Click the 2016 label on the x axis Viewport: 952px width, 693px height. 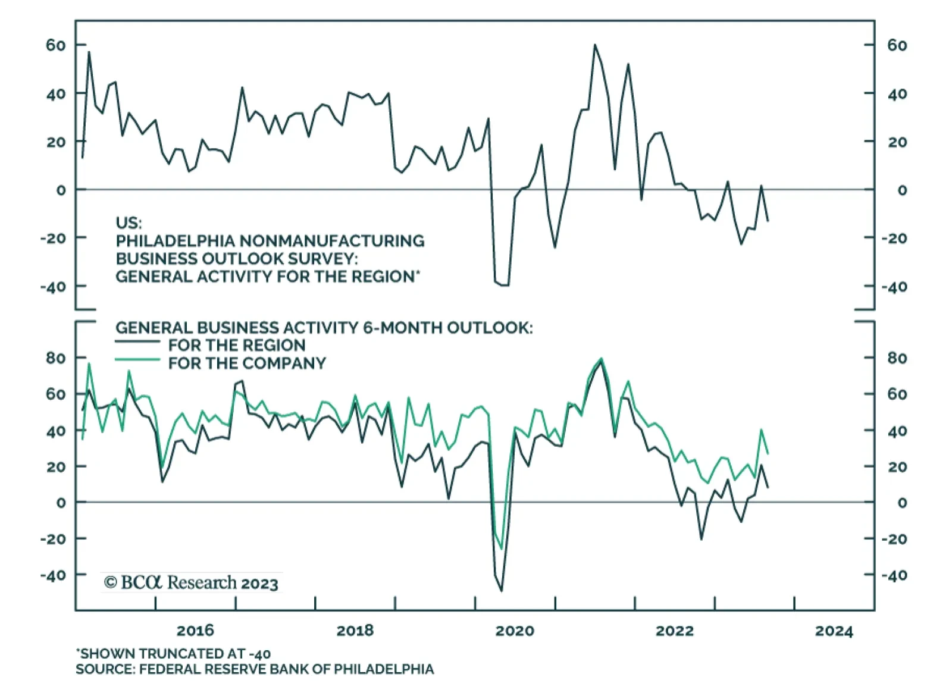pos(195,631)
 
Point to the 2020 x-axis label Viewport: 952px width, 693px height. pos(515,631)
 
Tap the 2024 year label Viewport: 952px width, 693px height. pos(834,631)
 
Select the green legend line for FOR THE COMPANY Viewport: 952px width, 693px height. pos(137,360)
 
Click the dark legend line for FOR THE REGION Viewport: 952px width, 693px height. pos(137,342)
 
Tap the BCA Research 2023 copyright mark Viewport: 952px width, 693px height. pos(191,582)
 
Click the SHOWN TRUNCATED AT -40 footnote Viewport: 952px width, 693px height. pos(173,654)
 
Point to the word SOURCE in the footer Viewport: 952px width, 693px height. pos(105,669)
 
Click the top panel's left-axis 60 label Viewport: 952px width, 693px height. pos(56,45)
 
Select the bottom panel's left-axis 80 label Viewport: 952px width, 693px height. pos(56,358)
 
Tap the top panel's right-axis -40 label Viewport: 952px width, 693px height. pos(894,287)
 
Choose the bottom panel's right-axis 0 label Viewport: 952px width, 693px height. pos(902,503)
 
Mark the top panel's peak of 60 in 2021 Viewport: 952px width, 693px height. pos(594,45)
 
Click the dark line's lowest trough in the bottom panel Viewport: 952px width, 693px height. pos(502,591)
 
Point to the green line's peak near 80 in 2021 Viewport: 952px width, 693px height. pos(601,359)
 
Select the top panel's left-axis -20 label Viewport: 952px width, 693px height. pos(53,238)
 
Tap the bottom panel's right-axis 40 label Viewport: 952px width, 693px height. pos(897,431)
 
